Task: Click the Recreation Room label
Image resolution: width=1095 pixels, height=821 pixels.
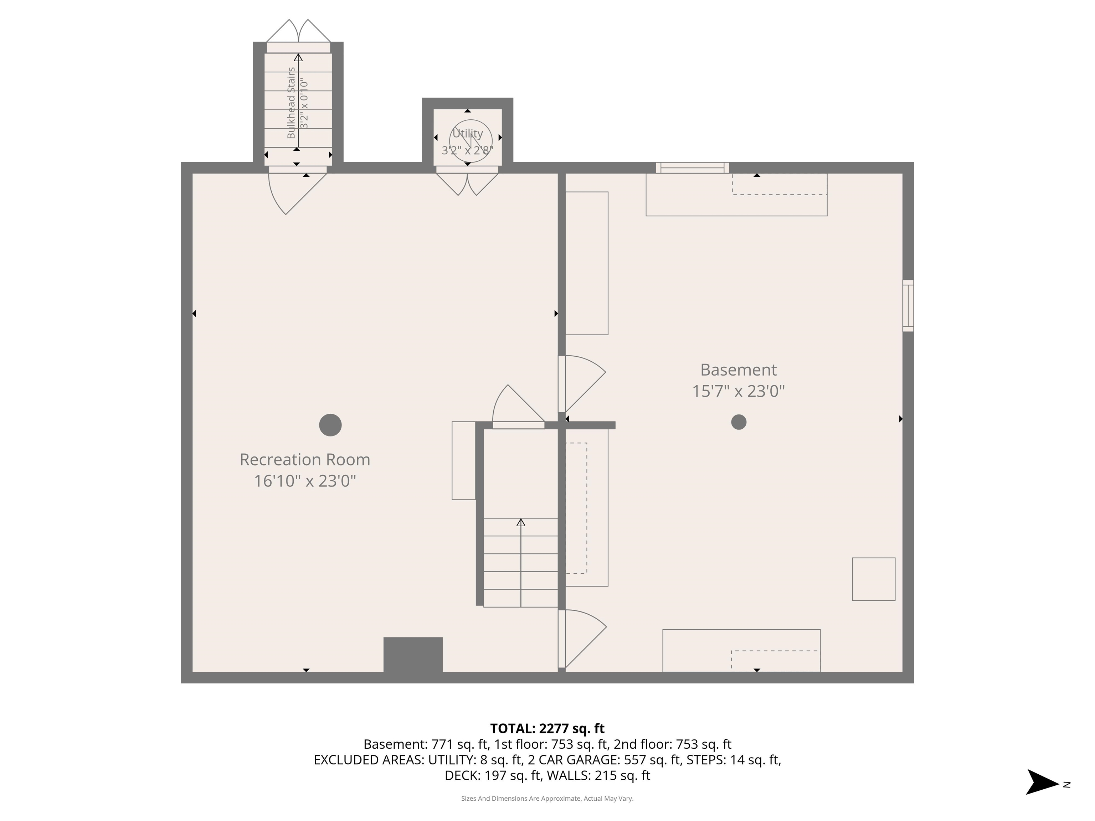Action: point(304,460)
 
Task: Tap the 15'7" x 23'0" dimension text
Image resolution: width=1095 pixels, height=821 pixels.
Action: point(738,392)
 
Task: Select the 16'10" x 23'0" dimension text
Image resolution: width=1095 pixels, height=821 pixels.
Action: point(304,481)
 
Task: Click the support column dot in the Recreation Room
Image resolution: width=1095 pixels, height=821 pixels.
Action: point(330,425)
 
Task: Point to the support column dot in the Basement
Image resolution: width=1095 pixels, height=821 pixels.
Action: point(739,422)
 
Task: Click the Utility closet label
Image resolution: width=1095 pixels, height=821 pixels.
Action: point(467,134)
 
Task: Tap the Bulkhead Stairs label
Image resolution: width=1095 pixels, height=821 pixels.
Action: point(291,103)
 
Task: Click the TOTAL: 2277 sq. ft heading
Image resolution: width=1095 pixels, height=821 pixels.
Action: point(547,728)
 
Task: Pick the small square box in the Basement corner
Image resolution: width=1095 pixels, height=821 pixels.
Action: point(873,579)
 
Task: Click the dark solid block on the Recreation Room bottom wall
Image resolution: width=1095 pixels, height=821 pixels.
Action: point(413,654)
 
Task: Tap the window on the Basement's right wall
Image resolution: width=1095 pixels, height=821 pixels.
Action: point(908,305)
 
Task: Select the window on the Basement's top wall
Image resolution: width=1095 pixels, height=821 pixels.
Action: point(692,168)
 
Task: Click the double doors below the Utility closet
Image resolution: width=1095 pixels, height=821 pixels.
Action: point(467,183)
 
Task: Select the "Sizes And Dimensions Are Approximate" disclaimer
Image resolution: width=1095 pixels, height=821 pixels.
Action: point(547,798)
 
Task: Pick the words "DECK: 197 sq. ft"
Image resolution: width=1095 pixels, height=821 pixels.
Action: point(493,775)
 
